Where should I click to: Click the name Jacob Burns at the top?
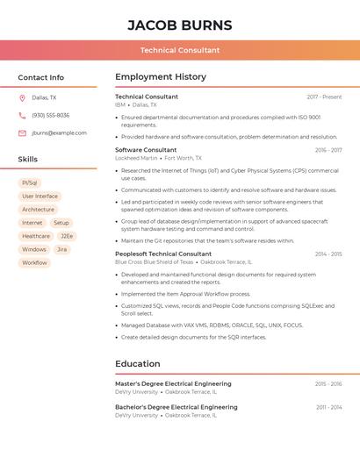click(x=180, y=25)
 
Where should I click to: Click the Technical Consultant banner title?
click(x=180, y=50)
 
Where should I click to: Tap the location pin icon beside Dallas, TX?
click(x=22, y=98)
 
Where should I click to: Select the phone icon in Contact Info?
click(x=22, y=116)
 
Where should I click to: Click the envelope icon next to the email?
click(x=22, y=133)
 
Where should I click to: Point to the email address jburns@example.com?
click(x=59, y=133)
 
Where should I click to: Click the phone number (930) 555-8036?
click(x=50, y=116)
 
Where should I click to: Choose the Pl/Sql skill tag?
click(x=30, y=183)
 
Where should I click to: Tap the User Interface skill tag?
click(x=40, y=197)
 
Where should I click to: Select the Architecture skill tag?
click(x=38, y=210)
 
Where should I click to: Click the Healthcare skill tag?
click(x=36, y=236)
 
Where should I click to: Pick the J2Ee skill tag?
click(x=67, y=236)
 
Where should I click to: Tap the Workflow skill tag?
click(x=34, y=262)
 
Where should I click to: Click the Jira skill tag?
click(x=61, y=249)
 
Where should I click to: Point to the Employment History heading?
click(x=160, y=77)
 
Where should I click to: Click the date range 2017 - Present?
click(x=324, y=97)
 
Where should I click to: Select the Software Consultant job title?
click(x=146, y=150)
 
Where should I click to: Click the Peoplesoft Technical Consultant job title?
click(x=163, y=254)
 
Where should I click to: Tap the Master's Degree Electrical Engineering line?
click(x=173, y=383)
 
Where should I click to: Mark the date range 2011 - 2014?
click(x=328, y=407)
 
